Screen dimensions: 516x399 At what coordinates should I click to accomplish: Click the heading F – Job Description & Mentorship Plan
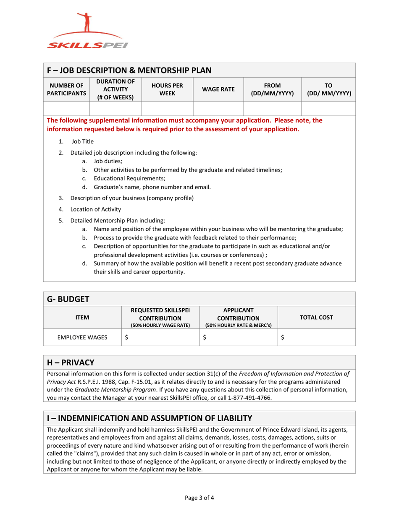[129, 70]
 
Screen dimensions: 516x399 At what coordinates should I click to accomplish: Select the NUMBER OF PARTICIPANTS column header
[67, 89]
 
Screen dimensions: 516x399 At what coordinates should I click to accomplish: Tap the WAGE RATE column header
[218, 89]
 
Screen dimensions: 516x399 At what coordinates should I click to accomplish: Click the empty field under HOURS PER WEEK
[167, 108]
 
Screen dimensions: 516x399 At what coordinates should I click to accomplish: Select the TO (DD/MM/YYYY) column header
[328, 89]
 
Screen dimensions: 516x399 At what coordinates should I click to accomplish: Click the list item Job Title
[82, 141]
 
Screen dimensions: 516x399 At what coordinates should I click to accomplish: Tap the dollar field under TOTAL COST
[317, 336]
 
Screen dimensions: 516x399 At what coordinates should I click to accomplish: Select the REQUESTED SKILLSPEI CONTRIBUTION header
[160, 317]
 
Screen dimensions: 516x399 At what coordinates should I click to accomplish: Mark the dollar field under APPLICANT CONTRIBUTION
[239, 336]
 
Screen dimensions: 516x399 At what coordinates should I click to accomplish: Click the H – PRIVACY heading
[71, 362]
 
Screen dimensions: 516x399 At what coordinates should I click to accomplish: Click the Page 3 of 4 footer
[199, 498]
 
